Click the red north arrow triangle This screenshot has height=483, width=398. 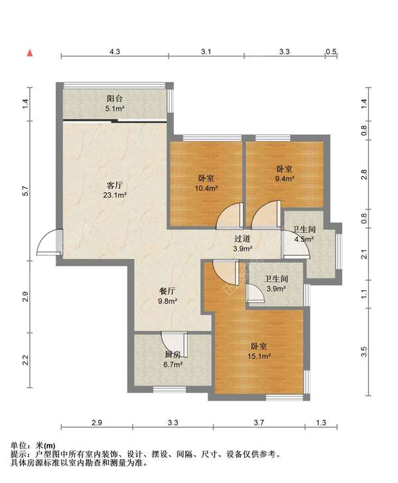coord(30,53)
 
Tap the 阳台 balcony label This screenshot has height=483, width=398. coord(115,99)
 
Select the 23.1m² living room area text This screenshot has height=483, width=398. coord(115,195)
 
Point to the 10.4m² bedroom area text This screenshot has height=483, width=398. coord(206,188)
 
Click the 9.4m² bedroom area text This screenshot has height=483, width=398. coord(284,178)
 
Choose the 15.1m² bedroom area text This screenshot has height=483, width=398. coord(259,356)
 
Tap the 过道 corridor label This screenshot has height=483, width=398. coord(242,239)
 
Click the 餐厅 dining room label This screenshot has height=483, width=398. coord(167,291)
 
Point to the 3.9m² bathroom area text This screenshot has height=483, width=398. coord(276,289)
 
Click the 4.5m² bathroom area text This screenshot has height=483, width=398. coord(304,239)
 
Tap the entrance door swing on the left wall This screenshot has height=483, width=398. coord(49,242)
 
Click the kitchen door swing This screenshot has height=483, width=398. coord(174,345)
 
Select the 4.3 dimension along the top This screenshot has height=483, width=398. coord(115,52)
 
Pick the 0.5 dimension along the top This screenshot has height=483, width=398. coord(331,52)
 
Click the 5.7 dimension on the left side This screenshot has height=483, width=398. coord(26,191)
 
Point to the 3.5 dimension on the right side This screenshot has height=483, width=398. coord(364,351)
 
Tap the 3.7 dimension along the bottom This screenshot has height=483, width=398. coord(259,422)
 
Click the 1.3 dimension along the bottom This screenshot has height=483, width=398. coord(321,422)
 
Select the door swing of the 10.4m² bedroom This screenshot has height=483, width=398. coord(230,216)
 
